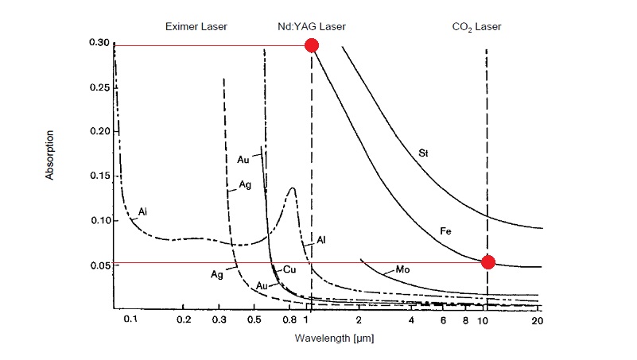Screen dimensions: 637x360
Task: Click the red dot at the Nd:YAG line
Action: pyautogui.click(x=312, y=45)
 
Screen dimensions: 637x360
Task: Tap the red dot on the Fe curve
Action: pyautogui.click(x=488, y=262)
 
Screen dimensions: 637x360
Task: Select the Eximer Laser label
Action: pyautogui.click(x=196, y=27)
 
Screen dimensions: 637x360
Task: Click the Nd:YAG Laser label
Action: pyautogui.click(x=312, y=27)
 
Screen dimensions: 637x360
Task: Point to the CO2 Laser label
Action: pyautogui.click(x=476, y=27)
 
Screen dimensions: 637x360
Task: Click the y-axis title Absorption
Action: pyautogui.click(x=49, y=155)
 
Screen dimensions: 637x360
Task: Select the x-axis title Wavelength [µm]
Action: pyautogui.click(x=334, y=338)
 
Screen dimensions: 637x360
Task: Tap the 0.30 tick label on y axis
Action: pyautogui.click(x=99, y=43)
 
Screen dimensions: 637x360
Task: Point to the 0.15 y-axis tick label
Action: pyautogui.click(x=99, y=176)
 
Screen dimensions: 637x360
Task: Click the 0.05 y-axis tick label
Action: pyautogui.click(x=99, y=265)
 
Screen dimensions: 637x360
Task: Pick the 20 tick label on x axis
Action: pyautogui.click(x=538, y=321)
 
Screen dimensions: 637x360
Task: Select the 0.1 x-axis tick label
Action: pyautogui.click(x=130, y=319)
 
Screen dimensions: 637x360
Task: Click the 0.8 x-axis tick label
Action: pyautogui.click(x=289, y=319)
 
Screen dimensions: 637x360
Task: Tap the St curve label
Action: pyautogui.click(x=423, y=153)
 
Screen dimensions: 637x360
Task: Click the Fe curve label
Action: pyautogui.click(x=445, y=231)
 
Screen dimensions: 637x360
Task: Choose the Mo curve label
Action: pyautogui.click(x=402, y=269)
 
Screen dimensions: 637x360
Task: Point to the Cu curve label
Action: pyautogui.click(x=289, y=269)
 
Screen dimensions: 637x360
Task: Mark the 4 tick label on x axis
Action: pyautogui.click(x=411, y=320)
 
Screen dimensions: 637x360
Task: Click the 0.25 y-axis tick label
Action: pyautogui.click(x=99, y=87)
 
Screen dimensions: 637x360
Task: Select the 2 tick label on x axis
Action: pyautogui.click(x=359, y=320)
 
